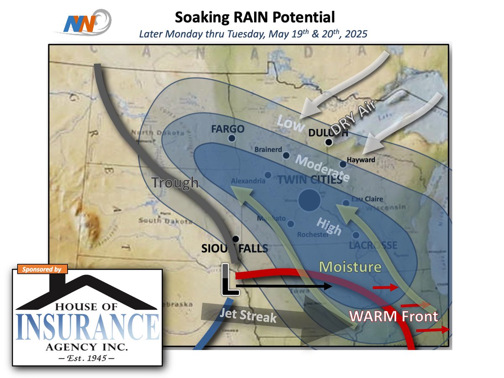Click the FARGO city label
pos(228,129)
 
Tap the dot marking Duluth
pos(329,142)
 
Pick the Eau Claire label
pos(364,199)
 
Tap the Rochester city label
pos(312,235)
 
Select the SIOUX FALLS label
pos(234,248)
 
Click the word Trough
pos(175,182)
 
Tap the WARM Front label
pos(394,316)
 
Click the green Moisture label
pos(350,267)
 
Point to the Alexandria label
pos(248,181)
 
